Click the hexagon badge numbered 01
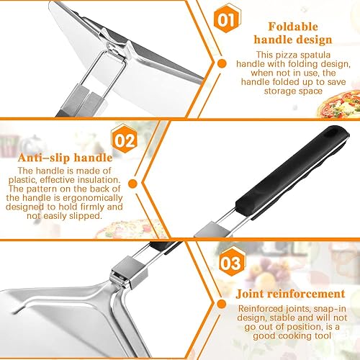227,19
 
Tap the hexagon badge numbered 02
125,139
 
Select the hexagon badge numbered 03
233,262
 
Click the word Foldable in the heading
293,27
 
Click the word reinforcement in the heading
306,294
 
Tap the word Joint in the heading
250,294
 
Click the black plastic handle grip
292,172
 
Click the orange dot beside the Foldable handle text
222,63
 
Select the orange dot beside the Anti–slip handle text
132,184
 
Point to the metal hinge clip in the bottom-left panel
129,271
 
